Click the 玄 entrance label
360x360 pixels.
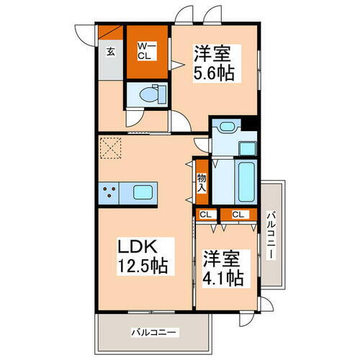(x=111, y=51)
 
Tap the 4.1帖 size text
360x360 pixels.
(x=222, y=277)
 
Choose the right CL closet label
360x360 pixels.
(x=238, y=214)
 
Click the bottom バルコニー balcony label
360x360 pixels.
(x=154, y=332)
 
